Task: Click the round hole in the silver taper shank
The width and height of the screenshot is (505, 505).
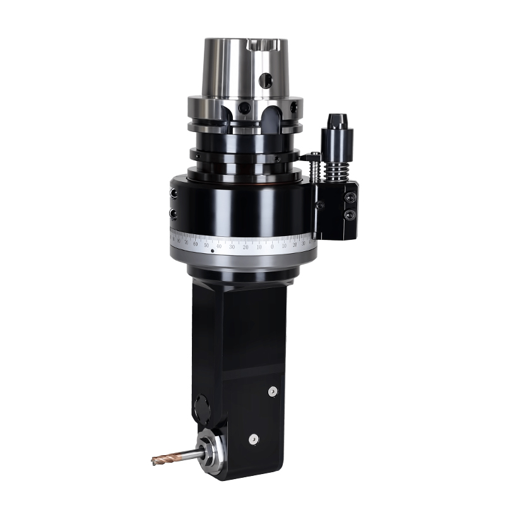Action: point(268,80)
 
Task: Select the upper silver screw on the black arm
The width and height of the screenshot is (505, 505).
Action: point(273,392)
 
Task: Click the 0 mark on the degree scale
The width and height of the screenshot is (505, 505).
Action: point(272,246)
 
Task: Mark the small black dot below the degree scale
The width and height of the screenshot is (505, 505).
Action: point(212,251)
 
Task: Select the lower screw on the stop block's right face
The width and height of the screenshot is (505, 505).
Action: point(350,215)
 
